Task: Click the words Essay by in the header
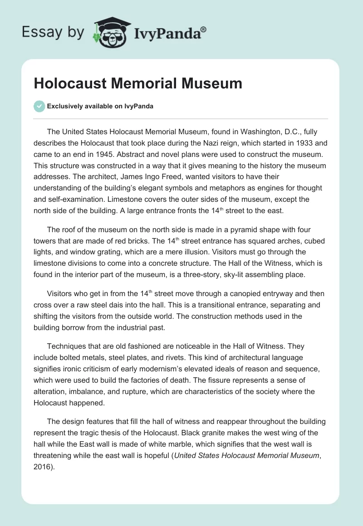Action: coord(53,33)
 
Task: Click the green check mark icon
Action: coord(39,106)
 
